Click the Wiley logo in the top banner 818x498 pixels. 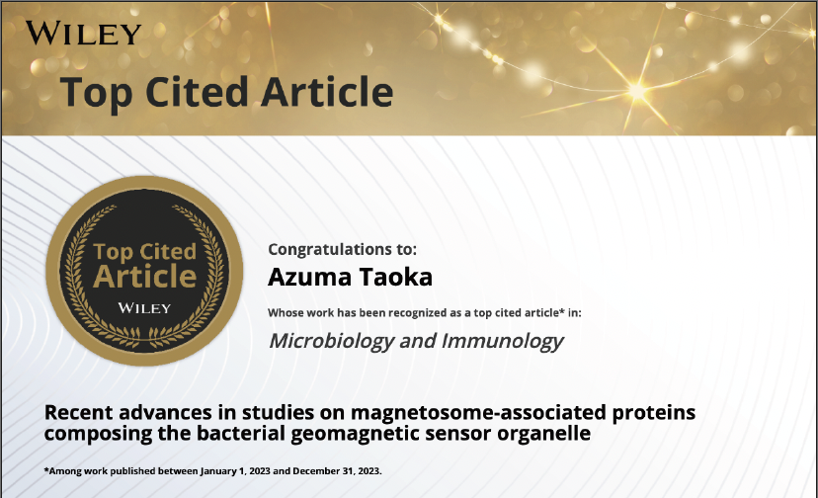tap(83, 34)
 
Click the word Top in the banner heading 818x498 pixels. tap(96, 93)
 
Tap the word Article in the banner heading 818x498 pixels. tap(327, 92)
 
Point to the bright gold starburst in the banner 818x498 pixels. tap(637, 90)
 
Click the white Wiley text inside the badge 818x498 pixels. tap(144, 308)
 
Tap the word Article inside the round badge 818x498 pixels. tap(145, 276)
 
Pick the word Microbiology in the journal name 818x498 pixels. tap(331, 341)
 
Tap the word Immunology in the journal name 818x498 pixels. tap(503, 341)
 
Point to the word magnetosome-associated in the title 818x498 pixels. tap(478, 413)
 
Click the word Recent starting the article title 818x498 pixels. tap(78, 412)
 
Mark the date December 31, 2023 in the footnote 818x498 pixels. tap(337, 471)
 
